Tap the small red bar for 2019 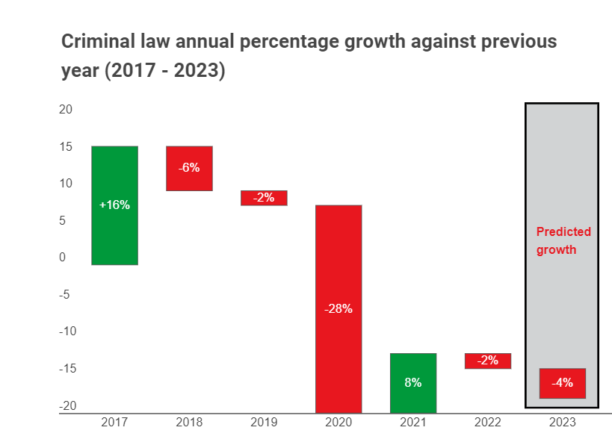coord(264,198)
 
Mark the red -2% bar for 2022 coord(488,361)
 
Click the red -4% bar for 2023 coord(563,383)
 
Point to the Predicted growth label coord(563,240)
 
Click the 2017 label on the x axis coord(114,423)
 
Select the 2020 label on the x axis coord(339,423)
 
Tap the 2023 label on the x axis coord(563,423)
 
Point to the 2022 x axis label coord(488,423)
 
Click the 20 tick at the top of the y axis coord(66,109)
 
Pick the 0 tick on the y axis coord(63,258)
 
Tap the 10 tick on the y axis coord(66,183)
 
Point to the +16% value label coord(114,205)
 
